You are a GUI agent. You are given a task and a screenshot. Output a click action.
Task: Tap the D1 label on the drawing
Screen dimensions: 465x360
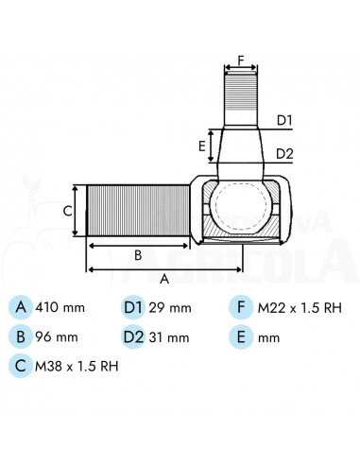(x=285, y=119)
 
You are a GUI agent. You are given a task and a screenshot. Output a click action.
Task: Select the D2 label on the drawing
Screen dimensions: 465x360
(x=285, y=153)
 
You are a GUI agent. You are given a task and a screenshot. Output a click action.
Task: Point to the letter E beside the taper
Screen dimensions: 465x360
(x=202, y=146)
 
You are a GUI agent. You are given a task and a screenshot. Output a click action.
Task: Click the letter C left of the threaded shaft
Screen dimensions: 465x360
(x=67, y=211)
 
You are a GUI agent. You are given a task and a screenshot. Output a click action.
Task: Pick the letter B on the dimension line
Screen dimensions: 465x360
(x=137, y=253)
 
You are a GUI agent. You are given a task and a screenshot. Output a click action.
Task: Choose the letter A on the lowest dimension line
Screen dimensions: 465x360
(x=164, y=279)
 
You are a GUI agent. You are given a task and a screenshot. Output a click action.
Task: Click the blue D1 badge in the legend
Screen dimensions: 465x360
(x=134, y=307)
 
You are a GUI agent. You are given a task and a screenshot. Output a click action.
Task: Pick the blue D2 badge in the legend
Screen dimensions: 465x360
(x=134, y=336)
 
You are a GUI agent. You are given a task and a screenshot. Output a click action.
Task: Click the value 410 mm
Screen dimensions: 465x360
(x=60, y=307)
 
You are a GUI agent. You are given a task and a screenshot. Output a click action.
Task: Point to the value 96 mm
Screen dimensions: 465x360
(x=57, y=336)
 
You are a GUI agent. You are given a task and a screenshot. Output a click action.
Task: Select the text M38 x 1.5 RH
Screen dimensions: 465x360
(x=77, y=365)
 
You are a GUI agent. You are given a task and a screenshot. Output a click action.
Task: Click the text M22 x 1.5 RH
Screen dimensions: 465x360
(x=300, y=307)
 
